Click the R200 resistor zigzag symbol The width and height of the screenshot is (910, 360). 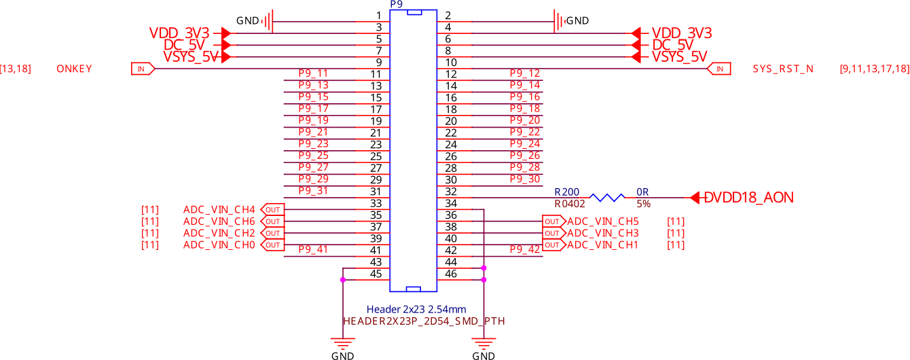point(608,198)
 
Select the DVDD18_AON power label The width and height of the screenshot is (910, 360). point(748,198)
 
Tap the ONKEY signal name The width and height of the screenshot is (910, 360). point(75,69)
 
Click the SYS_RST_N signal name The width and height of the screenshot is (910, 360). point(783,69)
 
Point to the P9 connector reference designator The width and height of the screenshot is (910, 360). point(397,4)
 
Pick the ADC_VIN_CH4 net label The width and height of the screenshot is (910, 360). point(219,209)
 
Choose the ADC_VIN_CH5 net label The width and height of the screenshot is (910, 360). point(603,221)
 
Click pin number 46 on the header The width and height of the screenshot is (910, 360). point(450,274)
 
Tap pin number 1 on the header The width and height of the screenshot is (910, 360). point(378,15)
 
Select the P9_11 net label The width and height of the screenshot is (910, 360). point(313,73)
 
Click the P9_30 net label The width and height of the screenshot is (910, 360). point(525,179)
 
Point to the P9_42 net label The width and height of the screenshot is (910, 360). point(525,249)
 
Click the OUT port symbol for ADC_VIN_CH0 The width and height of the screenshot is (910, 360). point(272,245)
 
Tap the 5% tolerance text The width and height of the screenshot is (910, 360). point(643,203)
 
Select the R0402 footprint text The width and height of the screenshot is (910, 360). point(570,203)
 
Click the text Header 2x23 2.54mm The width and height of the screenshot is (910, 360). point(416,309)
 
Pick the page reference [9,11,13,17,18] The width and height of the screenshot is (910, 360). point(874,69)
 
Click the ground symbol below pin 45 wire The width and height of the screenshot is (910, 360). point(342,342)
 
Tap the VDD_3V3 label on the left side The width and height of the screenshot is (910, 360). point(179,33)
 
